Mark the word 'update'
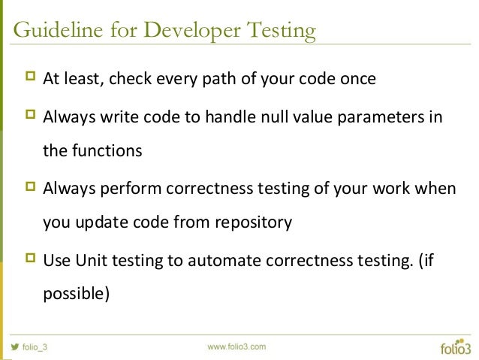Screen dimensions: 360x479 tap(102, 222)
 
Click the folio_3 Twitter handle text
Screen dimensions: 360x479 tap(35, 347)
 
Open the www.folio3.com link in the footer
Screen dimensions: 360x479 tap(236, 346)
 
